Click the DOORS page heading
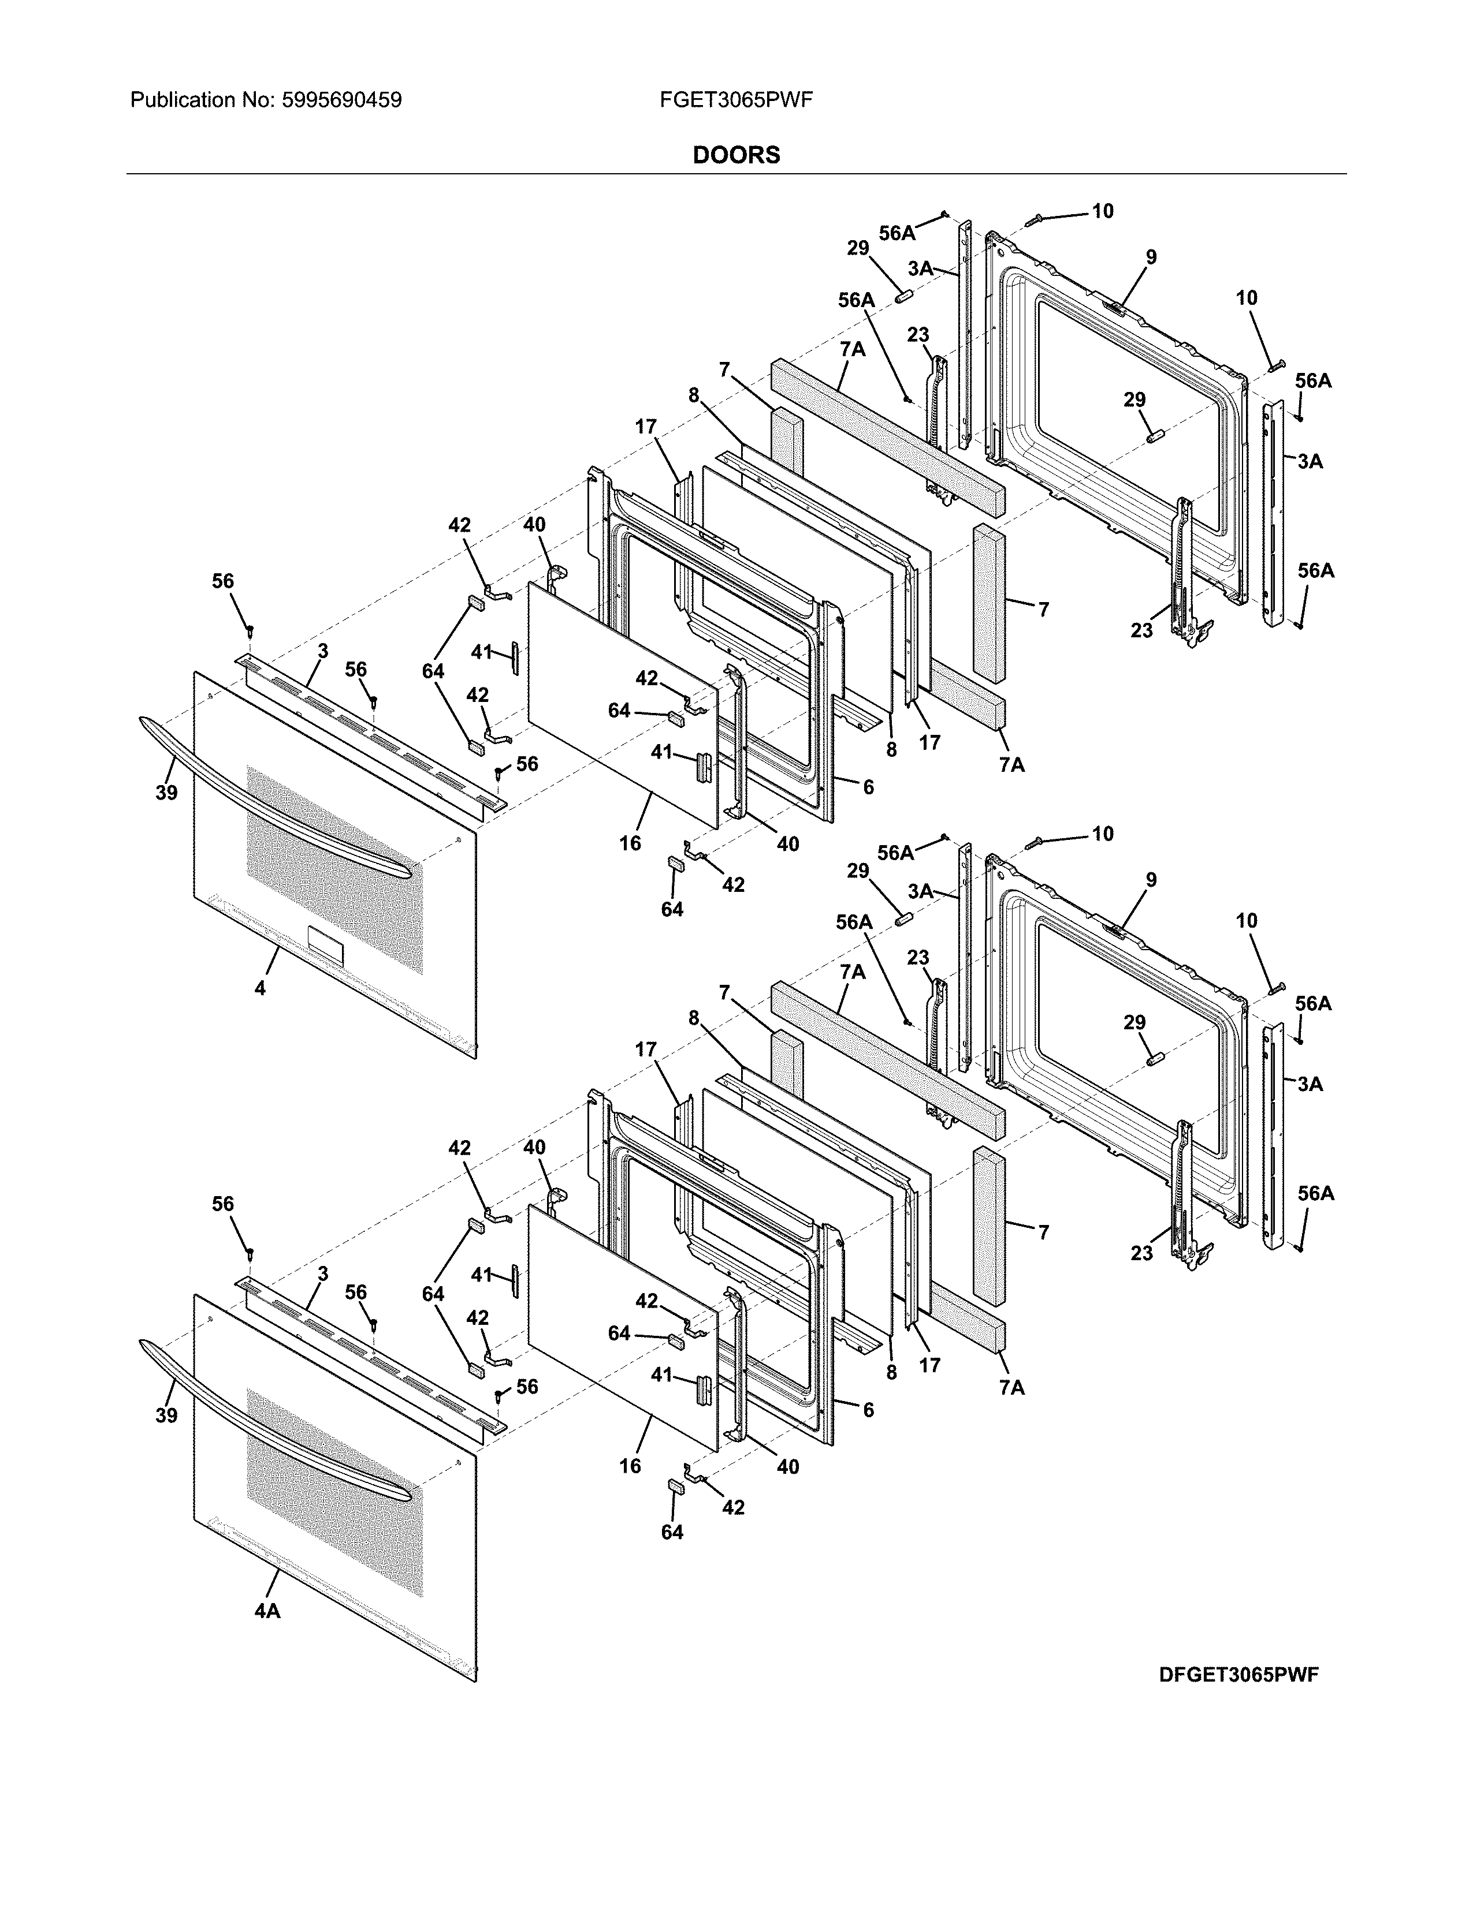click(x=735, y=155)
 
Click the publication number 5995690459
click(x=341, y=100)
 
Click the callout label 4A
click(x=267, y=1612)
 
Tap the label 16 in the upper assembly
click(x=630, y=843)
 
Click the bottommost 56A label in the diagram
click(x=1315, y=1193)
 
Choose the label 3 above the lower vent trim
click(x=323, y=1273)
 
